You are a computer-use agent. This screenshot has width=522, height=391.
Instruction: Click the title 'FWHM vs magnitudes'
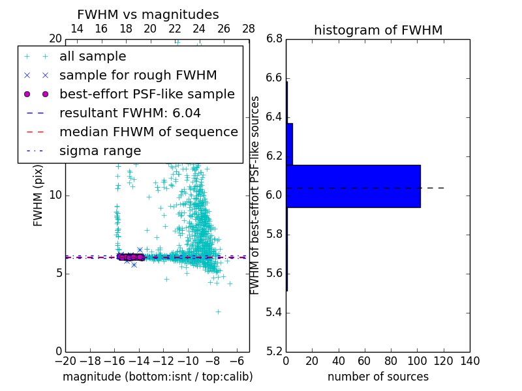tap(148, 14)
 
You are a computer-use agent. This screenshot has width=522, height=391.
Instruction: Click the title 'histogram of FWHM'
tap(378, 30)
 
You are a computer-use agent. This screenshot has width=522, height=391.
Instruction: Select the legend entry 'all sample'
tap(93, 57)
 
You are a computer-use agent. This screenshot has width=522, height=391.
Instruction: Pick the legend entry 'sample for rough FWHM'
tap(138, 76)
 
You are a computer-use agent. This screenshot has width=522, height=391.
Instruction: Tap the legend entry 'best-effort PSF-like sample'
tap(147, 94)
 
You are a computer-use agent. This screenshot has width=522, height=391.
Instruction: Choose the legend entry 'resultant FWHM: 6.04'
tap(130, 113)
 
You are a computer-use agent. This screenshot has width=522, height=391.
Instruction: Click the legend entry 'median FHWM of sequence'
tap(148, 132)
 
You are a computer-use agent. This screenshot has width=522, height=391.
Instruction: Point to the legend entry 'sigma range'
tap(100, 151)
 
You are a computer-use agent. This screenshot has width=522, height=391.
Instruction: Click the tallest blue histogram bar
tap(353, 186)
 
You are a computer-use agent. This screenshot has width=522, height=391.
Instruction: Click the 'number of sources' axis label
tap(378, 377)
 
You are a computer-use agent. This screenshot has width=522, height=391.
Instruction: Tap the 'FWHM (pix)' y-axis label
tap(38, 195)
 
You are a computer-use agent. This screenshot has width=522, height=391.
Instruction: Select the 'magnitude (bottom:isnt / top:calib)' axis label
tap(157, 377)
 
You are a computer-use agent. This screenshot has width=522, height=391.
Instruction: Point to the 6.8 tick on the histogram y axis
tap(274, 39)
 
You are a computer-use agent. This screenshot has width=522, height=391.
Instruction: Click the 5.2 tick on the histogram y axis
tap(274, 351)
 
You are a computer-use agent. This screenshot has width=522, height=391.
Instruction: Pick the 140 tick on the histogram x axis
tap(470, 361)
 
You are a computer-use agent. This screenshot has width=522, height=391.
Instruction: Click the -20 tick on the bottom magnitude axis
tap(65, 361)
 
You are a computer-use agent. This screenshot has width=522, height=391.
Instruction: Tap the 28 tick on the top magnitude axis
tap(249, 29)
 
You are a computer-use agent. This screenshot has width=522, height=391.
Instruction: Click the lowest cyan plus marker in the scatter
tap(218, 311)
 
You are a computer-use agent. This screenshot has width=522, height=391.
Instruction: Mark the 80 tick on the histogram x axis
tap(391, 361)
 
